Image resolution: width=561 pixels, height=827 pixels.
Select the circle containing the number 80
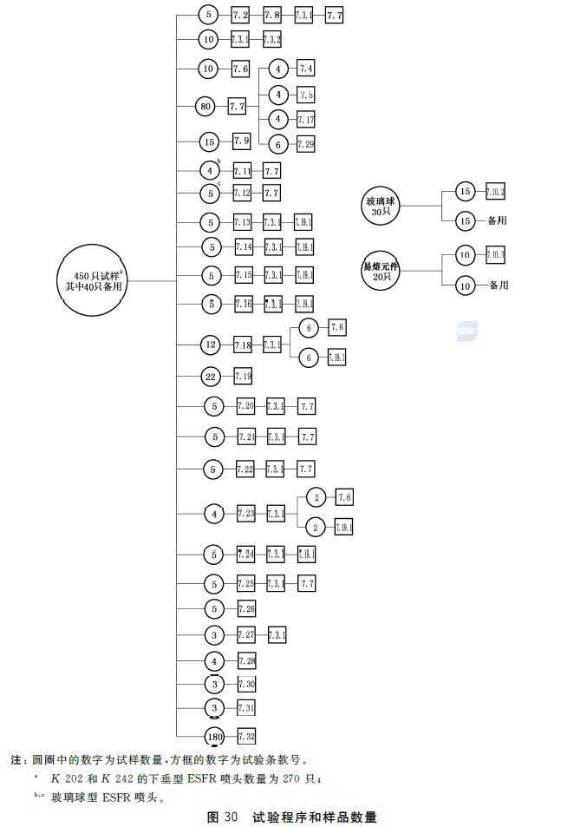point(205,107)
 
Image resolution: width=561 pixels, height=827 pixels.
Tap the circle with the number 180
point(215,737)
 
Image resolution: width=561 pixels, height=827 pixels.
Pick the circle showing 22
point(210,376)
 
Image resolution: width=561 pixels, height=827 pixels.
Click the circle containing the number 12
point(210,345)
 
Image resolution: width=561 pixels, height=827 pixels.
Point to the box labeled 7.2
point(240,15)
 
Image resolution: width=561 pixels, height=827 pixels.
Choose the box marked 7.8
point(271,15)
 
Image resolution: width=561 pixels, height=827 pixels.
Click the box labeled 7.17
point(306,119)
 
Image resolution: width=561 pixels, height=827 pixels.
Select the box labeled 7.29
point(305,144)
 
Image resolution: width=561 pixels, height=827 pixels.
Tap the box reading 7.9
point(241,141)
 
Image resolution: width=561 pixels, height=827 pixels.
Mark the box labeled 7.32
point(246,737)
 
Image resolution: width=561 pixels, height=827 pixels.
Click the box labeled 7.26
point(246,608)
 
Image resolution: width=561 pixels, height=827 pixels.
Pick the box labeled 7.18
point(243,345)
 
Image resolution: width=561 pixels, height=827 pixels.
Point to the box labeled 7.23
point(245,514)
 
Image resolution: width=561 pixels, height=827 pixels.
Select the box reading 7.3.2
point(271,39)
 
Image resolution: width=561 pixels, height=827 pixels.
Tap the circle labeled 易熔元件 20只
point(381,271)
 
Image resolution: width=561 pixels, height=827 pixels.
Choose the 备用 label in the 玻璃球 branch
point(497,220)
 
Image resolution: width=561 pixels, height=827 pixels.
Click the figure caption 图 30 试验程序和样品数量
point(292,817)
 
